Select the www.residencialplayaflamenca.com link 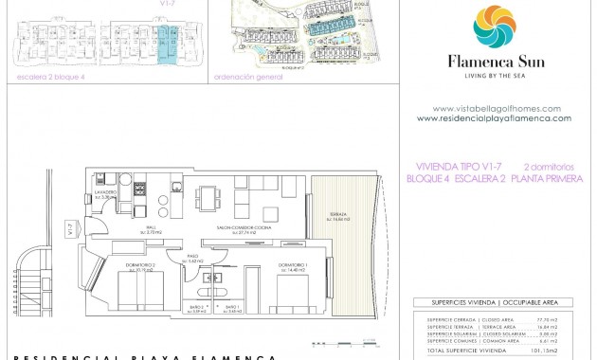[494, 118]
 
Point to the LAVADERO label [105, 193]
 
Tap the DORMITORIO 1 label [292, 266]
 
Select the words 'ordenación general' [248, 77]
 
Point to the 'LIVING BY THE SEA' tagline [494, 78]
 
